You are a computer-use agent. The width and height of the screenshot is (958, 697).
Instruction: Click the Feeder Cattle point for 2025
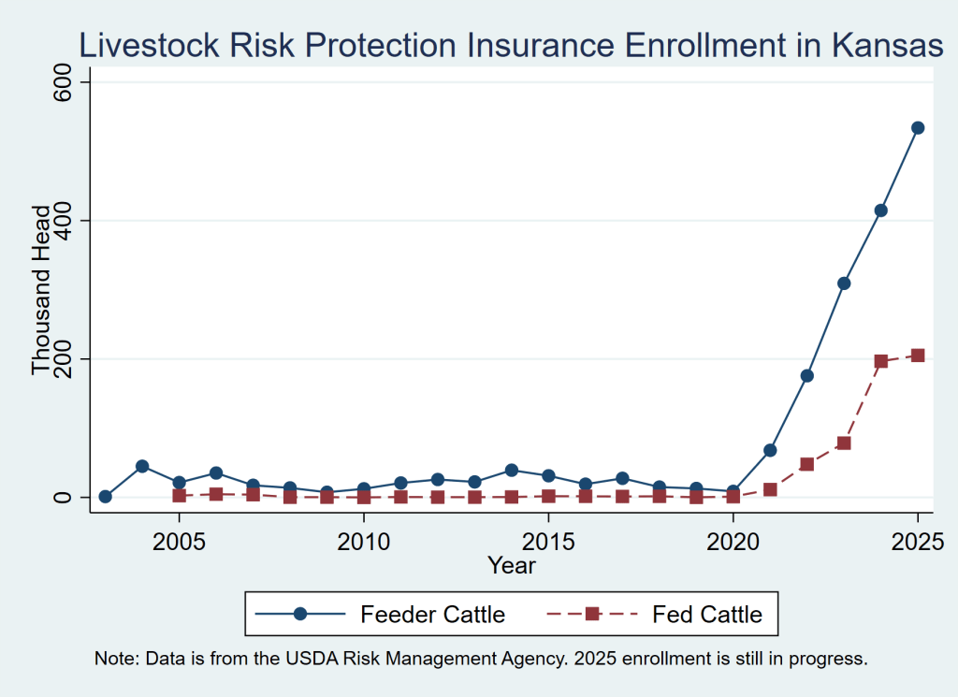pyautogui.click(x=918, y=127)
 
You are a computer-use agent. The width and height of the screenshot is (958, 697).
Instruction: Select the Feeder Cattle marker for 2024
pyautogui.click(x=881, y=211)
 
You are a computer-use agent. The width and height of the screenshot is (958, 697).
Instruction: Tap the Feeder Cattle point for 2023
pyautogui.click(x=844, y=283)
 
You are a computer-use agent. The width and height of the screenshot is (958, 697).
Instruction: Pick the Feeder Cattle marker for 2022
pyautogui.click(x=807, y=376)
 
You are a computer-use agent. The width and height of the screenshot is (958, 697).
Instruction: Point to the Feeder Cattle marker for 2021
pyautogui.click(x=770, y=450)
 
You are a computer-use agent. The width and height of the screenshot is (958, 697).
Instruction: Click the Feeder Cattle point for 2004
pyautogui.click(x=142, y=467)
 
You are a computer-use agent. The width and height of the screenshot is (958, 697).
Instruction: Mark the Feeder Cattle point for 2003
pyautogui.click(x=105, y=497)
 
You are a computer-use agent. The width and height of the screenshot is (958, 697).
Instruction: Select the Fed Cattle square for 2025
pyautogui.click(x=918, y=356)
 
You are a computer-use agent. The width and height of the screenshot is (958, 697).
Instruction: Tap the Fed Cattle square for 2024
pyautogui.click(x=881, y=361)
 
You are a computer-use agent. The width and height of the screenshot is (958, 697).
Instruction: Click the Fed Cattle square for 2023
pyautogui.click(x=844, y=443)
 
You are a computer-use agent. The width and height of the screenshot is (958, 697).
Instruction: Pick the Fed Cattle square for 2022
pyautogui.click(x=807, y=464)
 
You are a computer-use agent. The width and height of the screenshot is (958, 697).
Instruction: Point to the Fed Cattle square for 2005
pyautogui.click(x=179, y=496)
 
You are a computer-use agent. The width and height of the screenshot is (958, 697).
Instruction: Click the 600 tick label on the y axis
pyautogui.click(x=63, y=81)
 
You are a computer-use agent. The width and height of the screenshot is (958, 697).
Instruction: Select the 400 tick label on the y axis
pyautogui.click(x=63, y=220)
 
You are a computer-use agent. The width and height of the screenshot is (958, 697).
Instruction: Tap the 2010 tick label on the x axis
pyautogui.click(x=364, y=542)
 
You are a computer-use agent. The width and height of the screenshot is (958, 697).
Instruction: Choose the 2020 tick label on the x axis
pyautogui.click(x=733, y=542)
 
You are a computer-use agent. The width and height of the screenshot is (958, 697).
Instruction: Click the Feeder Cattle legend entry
pyautogui.click(x=380, y=614)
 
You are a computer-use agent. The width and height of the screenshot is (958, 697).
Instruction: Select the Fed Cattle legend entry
pyautogui.click(x=654, y=614)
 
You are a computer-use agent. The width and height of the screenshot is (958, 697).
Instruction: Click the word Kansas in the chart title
pyautogui.click(x=887, y=45)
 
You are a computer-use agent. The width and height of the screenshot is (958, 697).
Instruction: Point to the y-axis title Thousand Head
pyautogui.click(x=41, y=289)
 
